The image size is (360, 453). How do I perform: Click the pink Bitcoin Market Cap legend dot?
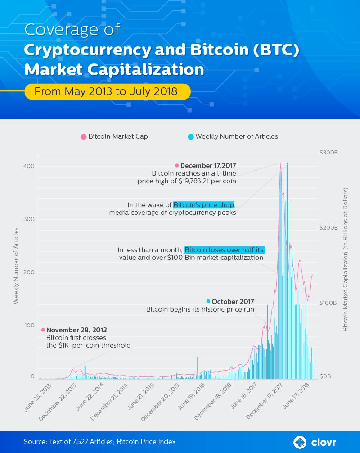[x=83, y=136]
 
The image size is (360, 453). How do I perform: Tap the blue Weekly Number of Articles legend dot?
[x=191, y=136]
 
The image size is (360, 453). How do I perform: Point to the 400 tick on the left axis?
[x=29, y=166]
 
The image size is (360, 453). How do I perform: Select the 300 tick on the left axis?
[x=29, y=219]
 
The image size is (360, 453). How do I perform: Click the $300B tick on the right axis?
[x=329, y=153]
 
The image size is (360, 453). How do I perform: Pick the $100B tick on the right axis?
[x=329, y=303]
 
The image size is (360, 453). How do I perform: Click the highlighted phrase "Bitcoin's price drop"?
[x=204, y=204]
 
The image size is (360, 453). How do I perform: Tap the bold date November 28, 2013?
[x=76, y=330]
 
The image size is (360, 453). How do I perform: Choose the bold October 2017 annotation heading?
[x=233, y=301]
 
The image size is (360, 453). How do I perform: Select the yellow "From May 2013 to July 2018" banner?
[x=107, y=91]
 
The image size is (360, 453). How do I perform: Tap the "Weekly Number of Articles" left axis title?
[x=16, y=266]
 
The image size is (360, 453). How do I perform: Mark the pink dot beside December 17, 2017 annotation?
[x=177, y=165]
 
